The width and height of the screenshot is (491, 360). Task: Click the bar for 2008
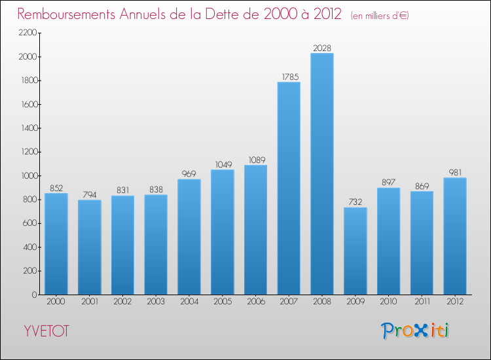322,173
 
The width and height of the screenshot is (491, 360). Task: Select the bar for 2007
289,188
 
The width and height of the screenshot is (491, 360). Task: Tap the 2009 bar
355,251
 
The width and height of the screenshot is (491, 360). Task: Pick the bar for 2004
189,236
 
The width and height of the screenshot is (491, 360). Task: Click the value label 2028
322,47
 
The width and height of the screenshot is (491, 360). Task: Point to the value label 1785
289,77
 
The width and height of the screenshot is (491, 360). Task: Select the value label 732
355,202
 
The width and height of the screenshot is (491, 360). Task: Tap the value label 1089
255,160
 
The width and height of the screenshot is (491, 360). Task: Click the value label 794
90,194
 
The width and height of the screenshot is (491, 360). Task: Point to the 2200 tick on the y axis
26,33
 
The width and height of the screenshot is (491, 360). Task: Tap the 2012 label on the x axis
455,302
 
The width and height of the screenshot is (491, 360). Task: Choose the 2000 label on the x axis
56,302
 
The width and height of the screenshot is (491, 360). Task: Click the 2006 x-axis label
255,302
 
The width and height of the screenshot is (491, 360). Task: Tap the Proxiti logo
415,331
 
